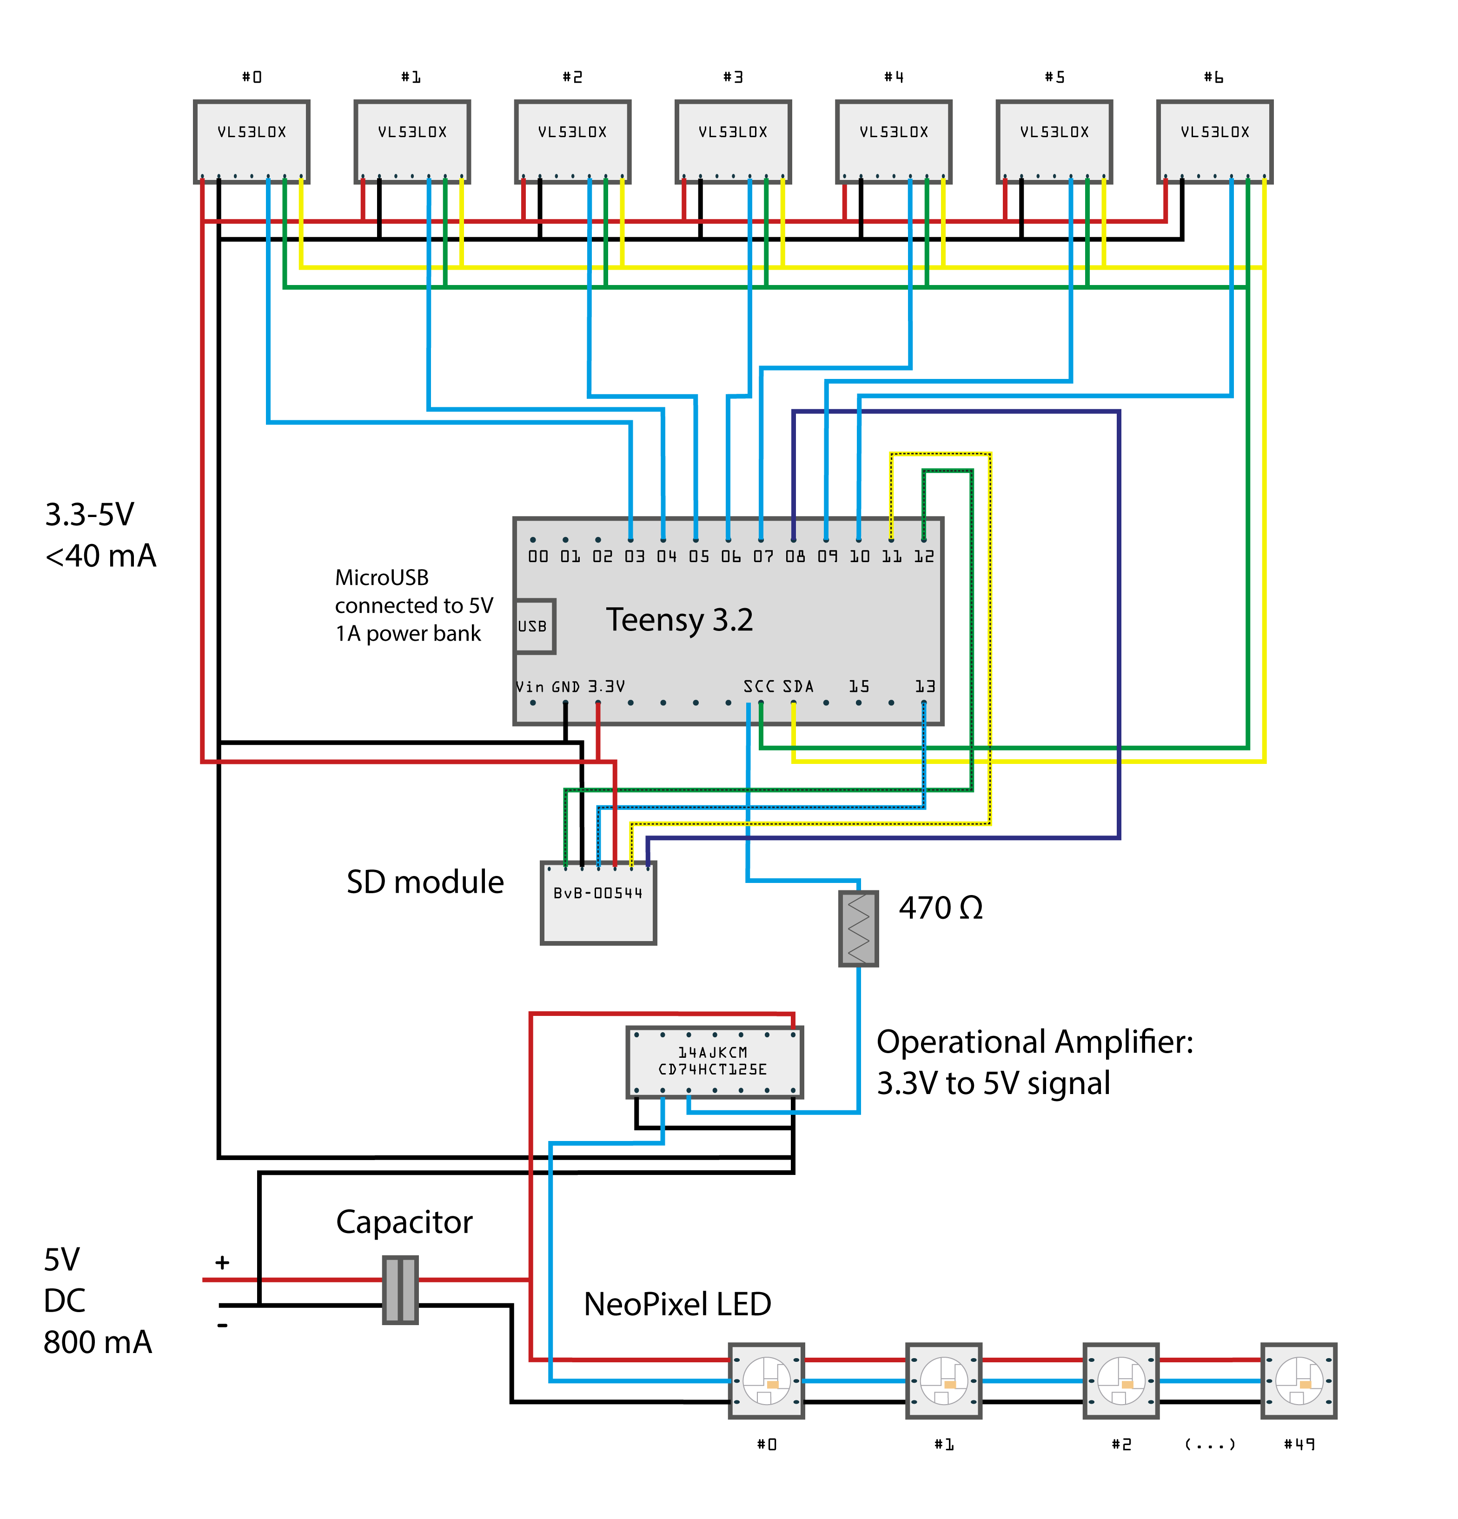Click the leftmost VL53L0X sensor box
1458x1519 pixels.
(x=252, y=142)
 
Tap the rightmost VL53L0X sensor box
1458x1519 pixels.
(x=1214, y=142)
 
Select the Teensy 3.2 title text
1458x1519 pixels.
(x=679, y=620)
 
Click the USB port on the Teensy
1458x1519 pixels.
(x=534, y=626)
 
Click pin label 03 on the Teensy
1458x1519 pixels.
(x=635, y=557)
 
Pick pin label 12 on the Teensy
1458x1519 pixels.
(x=924, y=557)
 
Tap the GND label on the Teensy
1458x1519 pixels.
(x=566, y=687)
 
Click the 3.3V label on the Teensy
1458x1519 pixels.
(x=606, y=687)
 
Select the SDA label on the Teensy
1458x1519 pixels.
(x=798, y=687)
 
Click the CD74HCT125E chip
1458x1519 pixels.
(x=714, y=1062)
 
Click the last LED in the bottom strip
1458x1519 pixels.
(x=1299, y=1381)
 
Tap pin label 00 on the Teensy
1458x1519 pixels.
(x=538, y=557)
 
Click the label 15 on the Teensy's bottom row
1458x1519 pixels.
(x=859, y=687)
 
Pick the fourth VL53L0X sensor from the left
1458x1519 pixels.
(x=733, y=142)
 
